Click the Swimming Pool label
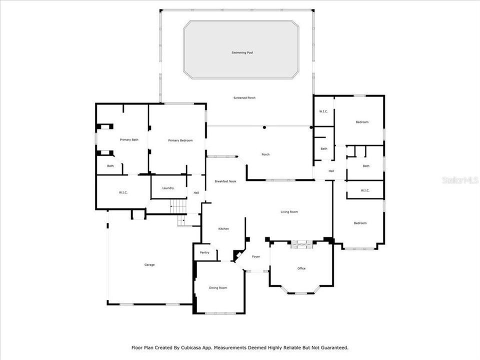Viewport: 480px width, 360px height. tap(242, 52)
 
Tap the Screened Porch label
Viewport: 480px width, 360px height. tap(244, 97)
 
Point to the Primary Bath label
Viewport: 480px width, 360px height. tap(128, 139)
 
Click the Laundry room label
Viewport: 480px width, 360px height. tap(168, 188)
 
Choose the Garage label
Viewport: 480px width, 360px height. tap(149, 264)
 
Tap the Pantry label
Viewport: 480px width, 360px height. tap(204, 252)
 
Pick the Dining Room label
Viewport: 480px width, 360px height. tap(218, 287)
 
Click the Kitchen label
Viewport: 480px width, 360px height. tap(223, 228)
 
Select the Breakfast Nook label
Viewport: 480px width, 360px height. tap(225, 181)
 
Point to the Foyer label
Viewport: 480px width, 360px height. tap(256, 256)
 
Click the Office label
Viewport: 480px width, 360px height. tap(301, 268)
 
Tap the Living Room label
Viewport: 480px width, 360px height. tap(289, 212)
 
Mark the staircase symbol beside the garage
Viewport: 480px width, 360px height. tap(178, 205)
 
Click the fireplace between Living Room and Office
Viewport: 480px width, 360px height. tap(301, 244)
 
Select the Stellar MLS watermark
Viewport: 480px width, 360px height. tap(460, 180)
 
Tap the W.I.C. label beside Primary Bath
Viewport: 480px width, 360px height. tap(123, 192)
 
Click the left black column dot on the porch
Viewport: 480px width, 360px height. tap(264, 127)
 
